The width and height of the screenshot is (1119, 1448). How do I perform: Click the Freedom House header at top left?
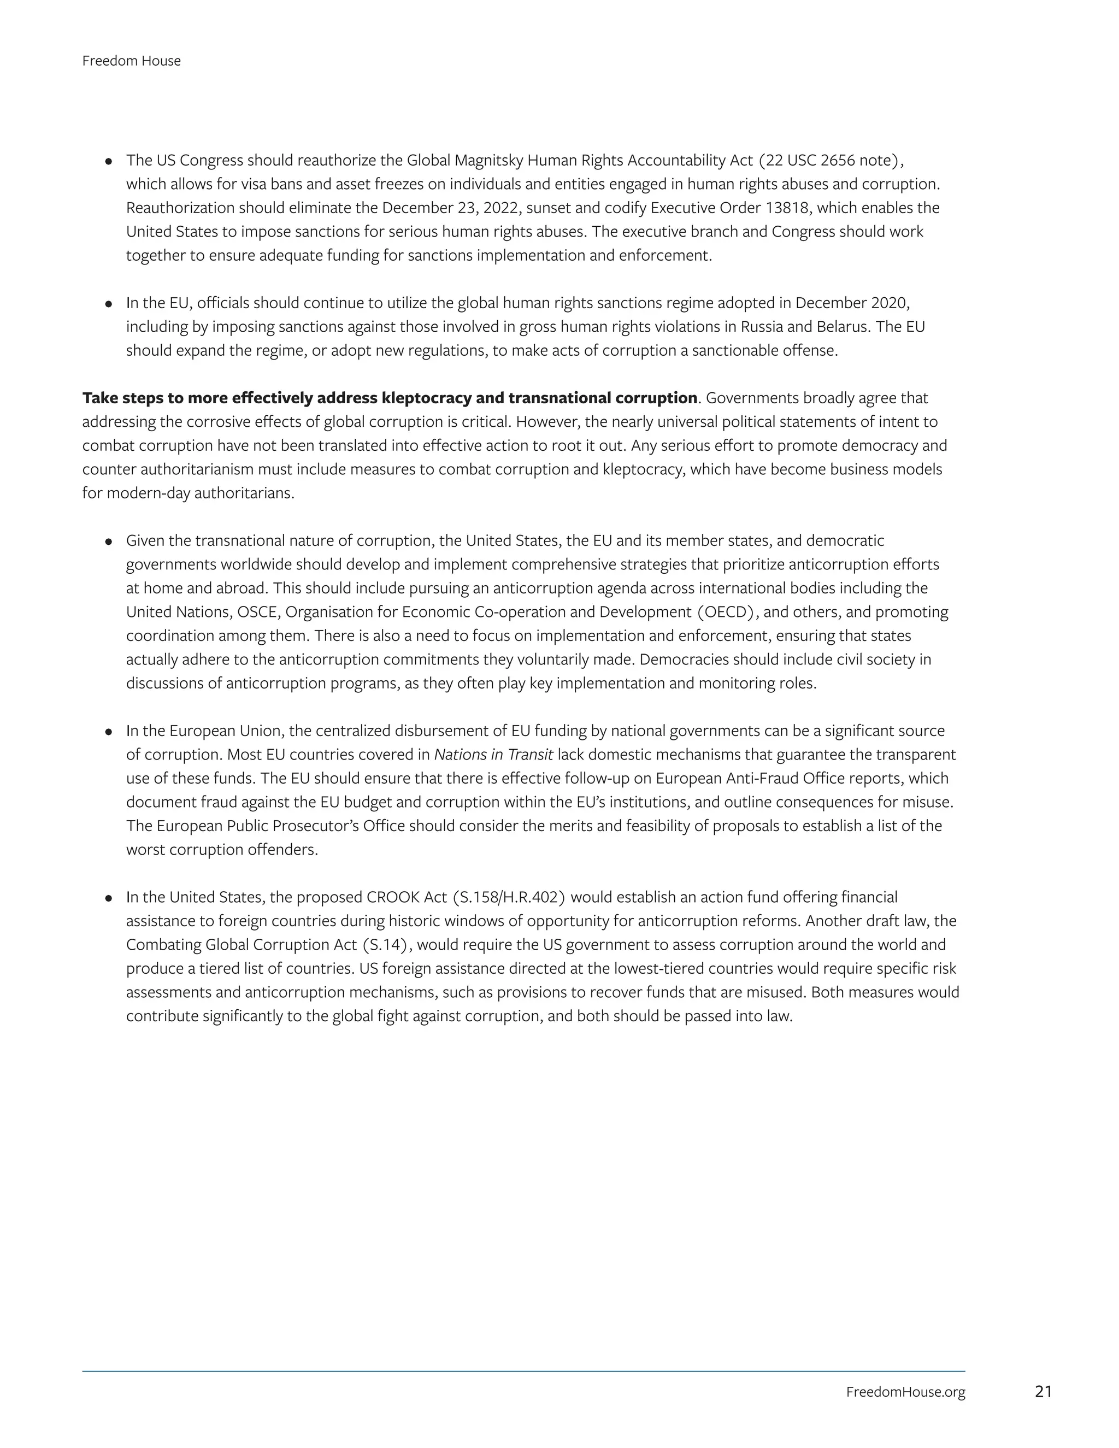pos(131,61)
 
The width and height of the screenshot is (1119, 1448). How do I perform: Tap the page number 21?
pos(1043,1392)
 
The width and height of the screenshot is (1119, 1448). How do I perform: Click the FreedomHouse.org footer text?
pos(905,1392)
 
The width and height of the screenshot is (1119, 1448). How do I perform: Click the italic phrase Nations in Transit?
pos(493,755)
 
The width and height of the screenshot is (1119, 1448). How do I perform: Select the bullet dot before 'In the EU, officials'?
pos(108,304)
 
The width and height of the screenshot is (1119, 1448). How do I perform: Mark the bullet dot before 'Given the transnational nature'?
pos(108,541)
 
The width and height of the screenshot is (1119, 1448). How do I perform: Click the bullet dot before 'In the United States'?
pos(108,898)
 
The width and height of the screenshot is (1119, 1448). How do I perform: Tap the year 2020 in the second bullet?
pos(888,303)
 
